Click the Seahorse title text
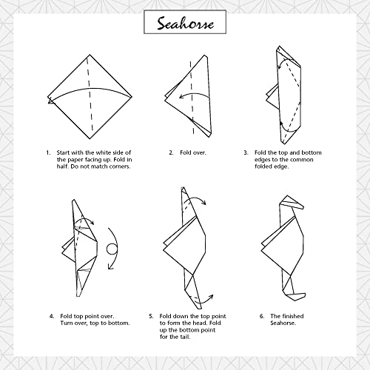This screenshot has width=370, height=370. pos(185,24)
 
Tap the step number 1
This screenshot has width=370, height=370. pos(47,152)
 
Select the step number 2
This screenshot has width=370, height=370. pos(171,152)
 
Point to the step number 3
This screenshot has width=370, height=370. pos(245,152)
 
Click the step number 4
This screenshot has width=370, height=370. pos(52,317)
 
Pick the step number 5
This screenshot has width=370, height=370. pos(151,317)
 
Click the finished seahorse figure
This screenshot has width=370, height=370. pos(285,248)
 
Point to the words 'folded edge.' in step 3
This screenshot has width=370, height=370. pos(275,166)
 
